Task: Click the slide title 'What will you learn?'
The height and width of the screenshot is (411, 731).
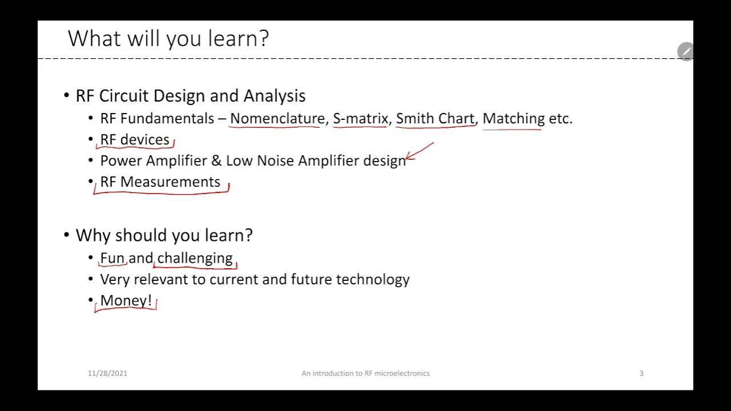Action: (x=168, y=39)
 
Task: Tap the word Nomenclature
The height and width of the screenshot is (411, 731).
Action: (x=277, y=119)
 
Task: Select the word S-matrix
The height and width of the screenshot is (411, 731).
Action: (x=360, y=119)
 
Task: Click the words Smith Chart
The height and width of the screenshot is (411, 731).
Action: (x=435, y=119)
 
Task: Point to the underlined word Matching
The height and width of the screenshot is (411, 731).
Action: (x=513, y=119)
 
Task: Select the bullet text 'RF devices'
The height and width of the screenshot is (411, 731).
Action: (x=135, y=140)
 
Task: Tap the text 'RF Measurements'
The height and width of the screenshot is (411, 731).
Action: (x=160, y=182)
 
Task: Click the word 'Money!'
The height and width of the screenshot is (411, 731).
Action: (x=126, y=301)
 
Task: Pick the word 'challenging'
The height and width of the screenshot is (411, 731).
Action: (x=195, y=259)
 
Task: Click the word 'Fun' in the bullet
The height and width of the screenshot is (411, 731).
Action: (x=113, y=259)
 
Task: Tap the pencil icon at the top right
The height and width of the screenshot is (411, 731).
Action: (x=685, y=51)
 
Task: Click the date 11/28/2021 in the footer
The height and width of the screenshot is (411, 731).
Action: (x=107, y=373)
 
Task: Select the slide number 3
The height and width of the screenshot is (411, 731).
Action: (x=641, y=373)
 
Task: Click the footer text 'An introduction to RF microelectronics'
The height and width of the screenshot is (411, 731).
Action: (x=365, y=373)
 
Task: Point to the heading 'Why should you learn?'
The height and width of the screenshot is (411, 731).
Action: (x=164, y=235)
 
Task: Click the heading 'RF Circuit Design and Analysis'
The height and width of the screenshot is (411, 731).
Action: (x=190, y=96)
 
